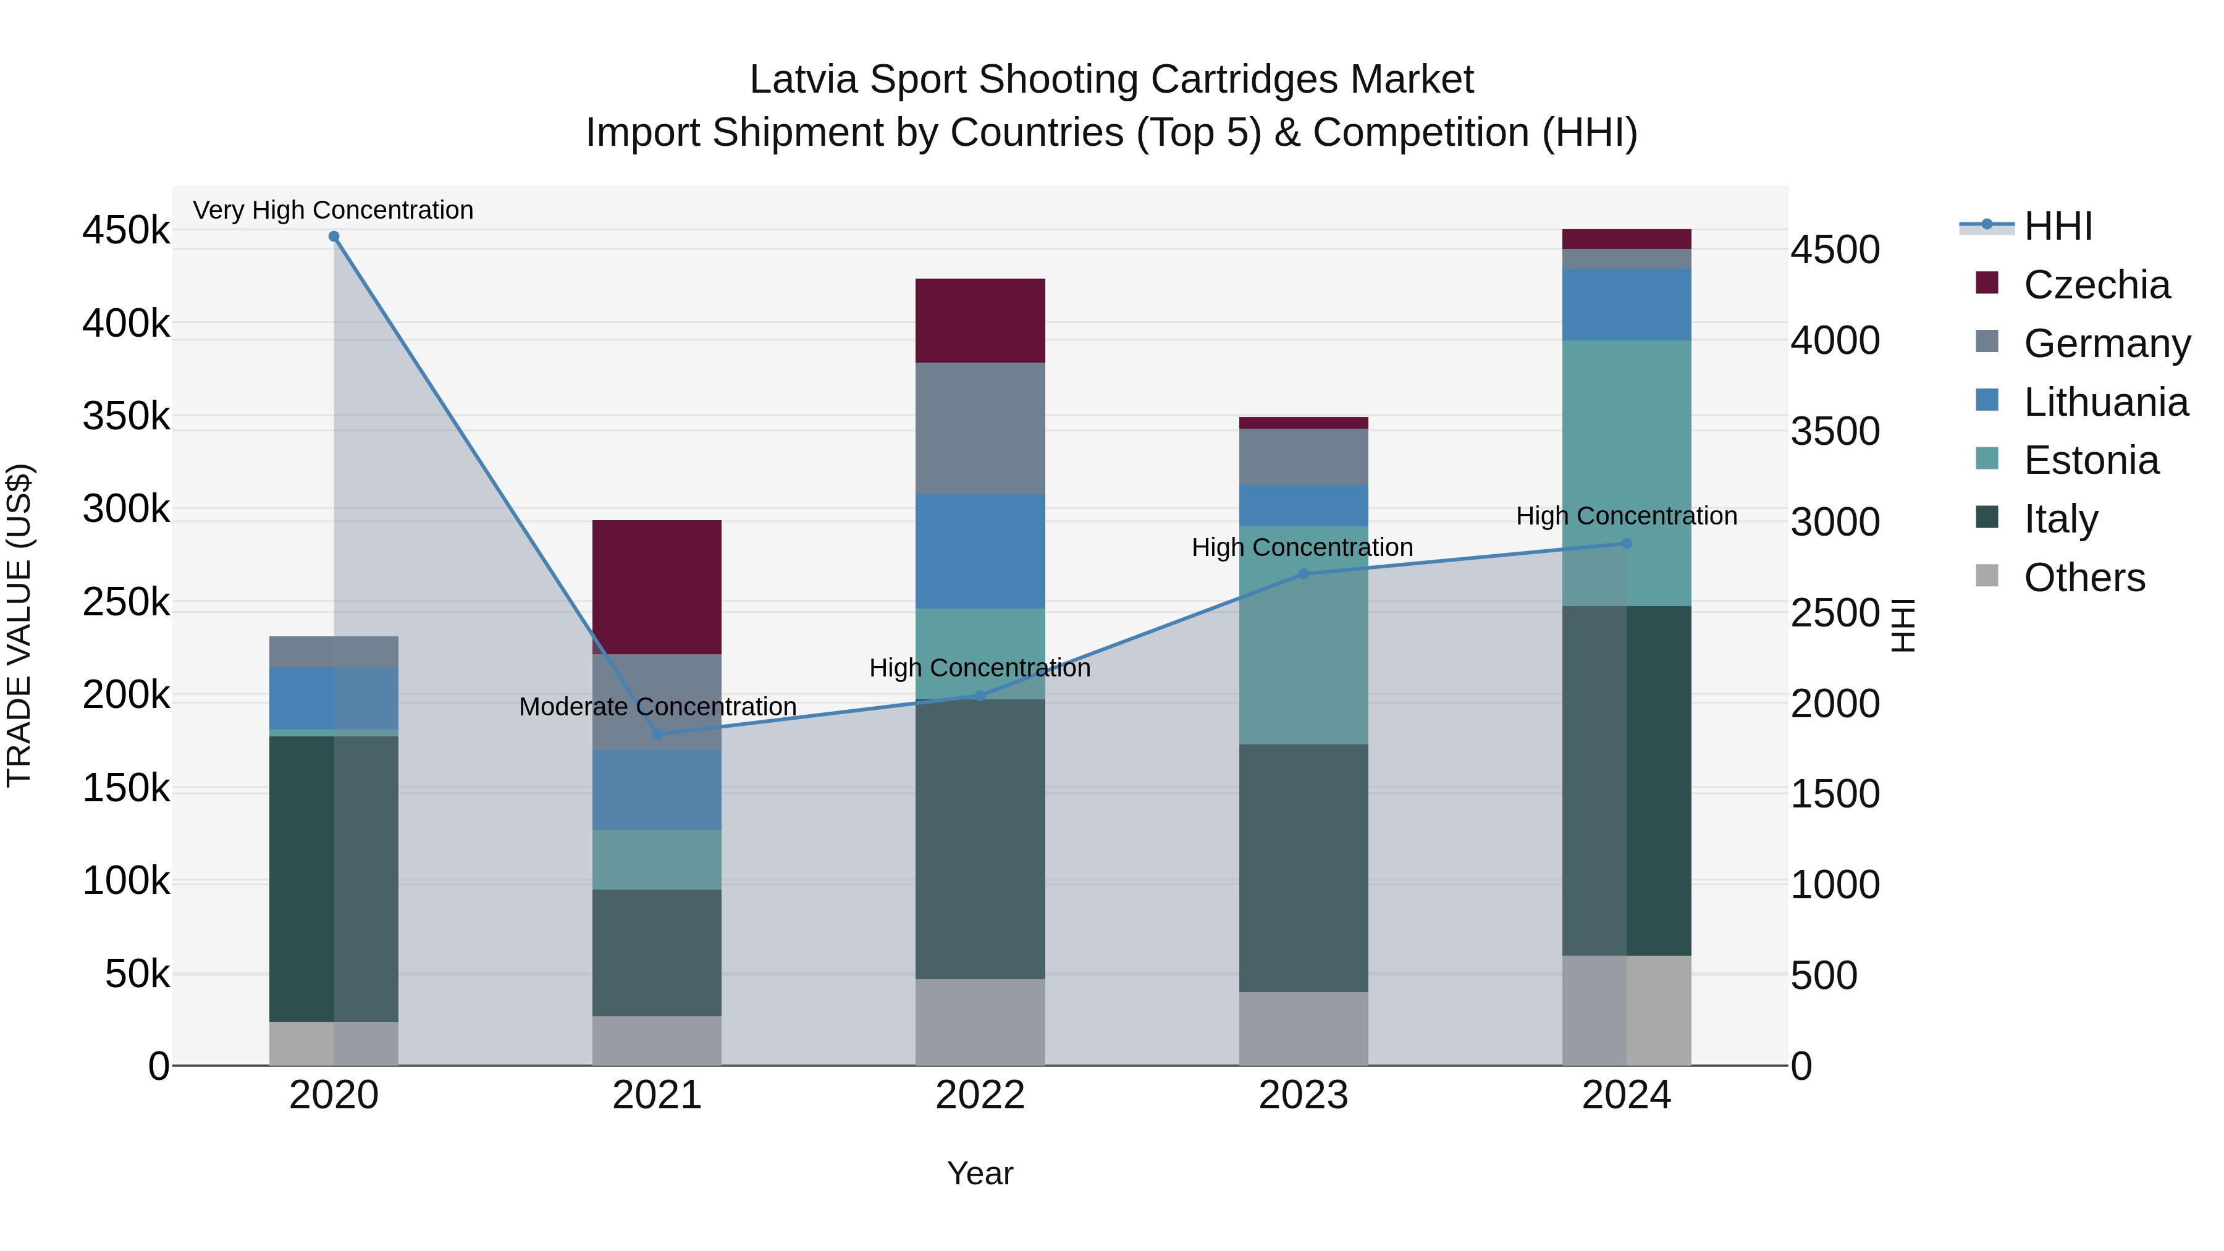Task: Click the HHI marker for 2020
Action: point(334,237)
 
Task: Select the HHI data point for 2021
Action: point(657,735)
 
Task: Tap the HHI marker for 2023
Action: point(1304,574)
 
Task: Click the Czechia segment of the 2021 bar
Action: point(657,587)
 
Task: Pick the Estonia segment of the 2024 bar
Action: point(1627,473)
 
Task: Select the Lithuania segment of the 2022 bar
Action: point(980,552)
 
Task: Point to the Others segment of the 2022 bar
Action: point(980,1022)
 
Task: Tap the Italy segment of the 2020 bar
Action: point(334,879)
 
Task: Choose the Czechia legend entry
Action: point(2096,285)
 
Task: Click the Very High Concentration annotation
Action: point(333,211)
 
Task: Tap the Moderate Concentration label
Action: point(657,707)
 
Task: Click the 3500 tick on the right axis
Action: point(1835,431)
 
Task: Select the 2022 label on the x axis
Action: point(980,1095)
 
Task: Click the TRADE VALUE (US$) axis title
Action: point(20,625)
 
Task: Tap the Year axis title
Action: point(980,1173)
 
